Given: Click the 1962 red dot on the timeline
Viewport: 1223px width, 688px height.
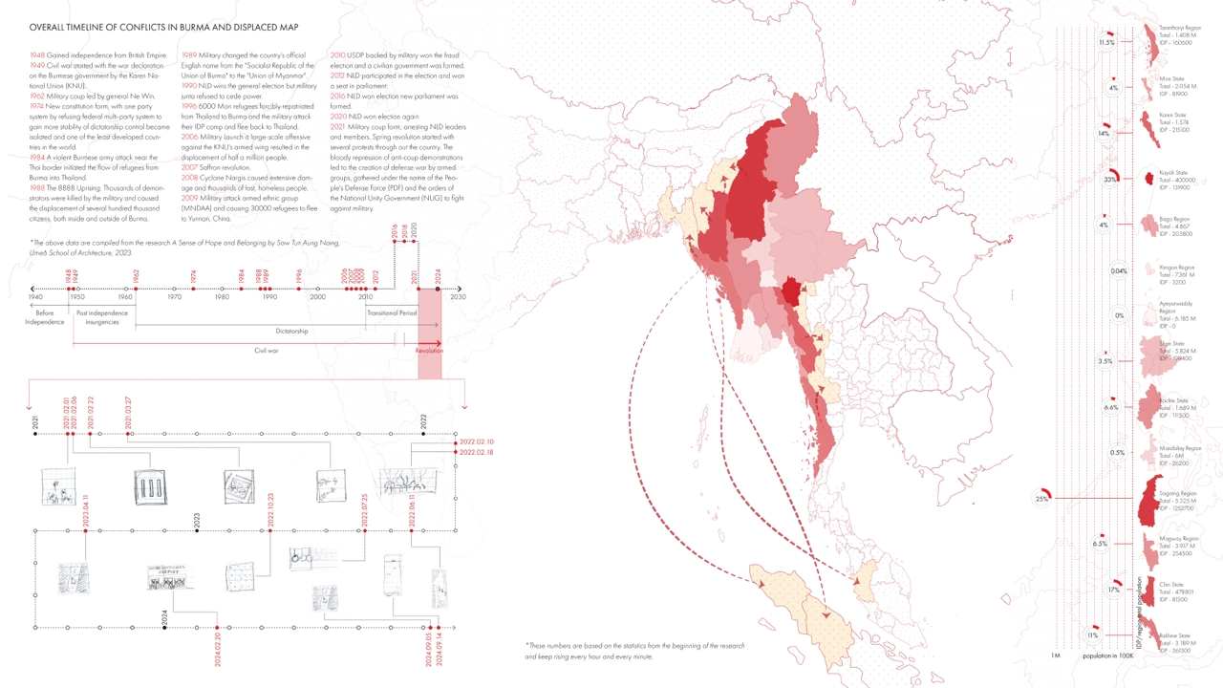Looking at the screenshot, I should click(x=136, y=289).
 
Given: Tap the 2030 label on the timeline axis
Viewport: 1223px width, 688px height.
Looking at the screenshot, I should click(x=459, y=298).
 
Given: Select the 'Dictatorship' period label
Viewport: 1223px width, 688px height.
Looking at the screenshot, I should click(x=292, y=332).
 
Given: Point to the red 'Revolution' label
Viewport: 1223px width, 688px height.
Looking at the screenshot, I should click(x=429, y=351).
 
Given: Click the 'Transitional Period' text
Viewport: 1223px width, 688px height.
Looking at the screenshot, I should click(x=392, y=312).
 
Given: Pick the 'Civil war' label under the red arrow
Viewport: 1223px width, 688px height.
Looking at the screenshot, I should click(x=266, y=351).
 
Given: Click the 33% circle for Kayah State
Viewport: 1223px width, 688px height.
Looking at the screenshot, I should click(x=1110, y=179).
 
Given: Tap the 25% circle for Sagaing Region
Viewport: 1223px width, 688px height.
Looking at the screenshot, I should click(x=1041, y=499).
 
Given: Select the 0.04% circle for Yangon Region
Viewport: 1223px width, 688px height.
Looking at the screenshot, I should click(x=1119, y=271).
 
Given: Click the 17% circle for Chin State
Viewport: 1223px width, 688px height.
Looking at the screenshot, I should click(x=1114, y=590).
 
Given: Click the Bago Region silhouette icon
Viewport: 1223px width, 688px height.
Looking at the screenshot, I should click(x=1148, y=224).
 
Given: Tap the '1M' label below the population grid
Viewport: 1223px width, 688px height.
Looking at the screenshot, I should click(x=1056, y=656).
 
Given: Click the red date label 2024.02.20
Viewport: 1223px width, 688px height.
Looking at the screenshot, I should click(x=218, y=649).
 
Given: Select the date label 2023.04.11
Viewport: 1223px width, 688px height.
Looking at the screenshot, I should click(x=86, y=510).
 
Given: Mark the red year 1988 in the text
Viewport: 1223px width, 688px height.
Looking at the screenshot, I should click(x=38, y=188).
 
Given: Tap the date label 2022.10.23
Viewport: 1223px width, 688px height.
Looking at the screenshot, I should click(x=271, y=510).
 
